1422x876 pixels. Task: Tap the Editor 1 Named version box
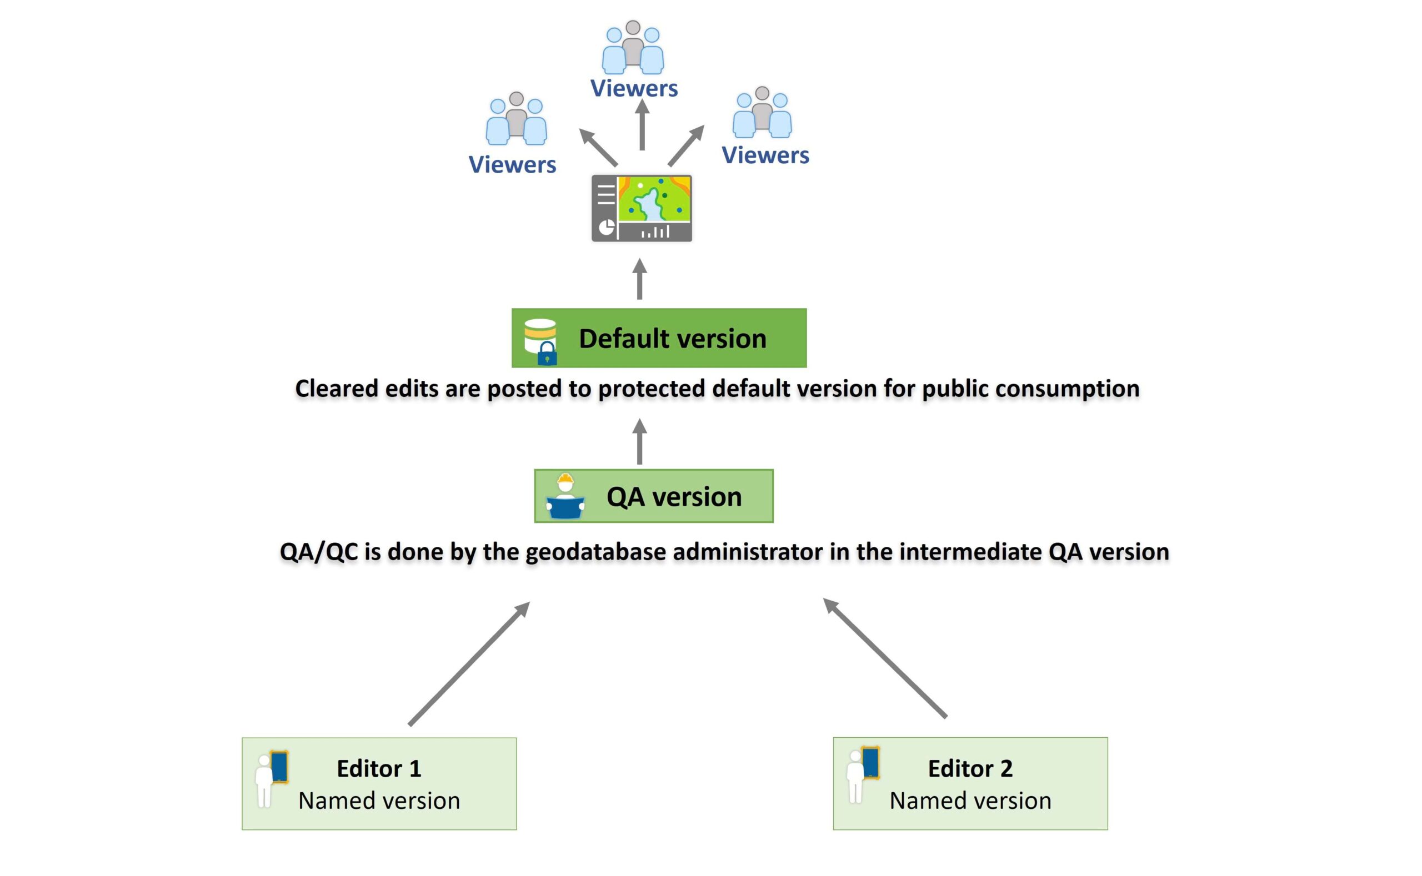379,783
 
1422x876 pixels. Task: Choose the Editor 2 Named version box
970,783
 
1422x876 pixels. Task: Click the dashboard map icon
641,208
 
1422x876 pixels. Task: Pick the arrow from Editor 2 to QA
885,658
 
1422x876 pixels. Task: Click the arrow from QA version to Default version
639,441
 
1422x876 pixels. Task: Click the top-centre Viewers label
634,89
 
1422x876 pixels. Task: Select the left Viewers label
512,165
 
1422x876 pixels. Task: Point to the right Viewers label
765,155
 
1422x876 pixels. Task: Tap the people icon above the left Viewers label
516,119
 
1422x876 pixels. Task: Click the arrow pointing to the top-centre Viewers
642,125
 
